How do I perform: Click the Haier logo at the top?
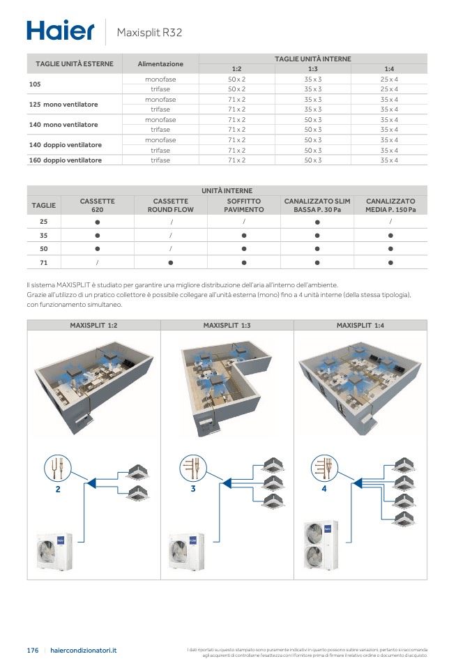pyautogui.click(x=60, y=31)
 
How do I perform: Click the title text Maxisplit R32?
pyautogui.click(x=149, y=32)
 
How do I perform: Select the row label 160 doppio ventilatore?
pyautogui.click(x=66, y=160)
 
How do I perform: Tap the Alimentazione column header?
pyautogui.click(x=160, y=63)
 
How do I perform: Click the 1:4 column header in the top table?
pyautogui.click(x=389, y=69)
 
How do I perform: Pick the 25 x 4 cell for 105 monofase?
pyautogui.click(x=389, y=79)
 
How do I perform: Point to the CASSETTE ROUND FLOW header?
pyautogui.click(x=170, y=205)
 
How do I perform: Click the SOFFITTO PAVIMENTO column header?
pyautogui.click(x=244, y=205)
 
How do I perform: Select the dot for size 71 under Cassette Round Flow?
pyautogui.click(x=170, y=262)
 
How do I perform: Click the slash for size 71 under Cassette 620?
pyautogui.click(x=97, y=262)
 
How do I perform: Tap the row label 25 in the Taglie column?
pyautogui.click(x=43, y=221)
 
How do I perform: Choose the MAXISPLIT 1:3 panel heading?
pyautogui.click(x=227, y=325)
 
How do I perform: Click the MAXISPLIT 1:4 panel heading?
pyautogui.click(x=360, y=325)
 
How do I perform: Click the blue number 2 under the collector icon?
pyautogui.click(x=58, y=489)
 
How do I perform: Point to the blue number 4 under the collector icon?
pyautogui.click(x=323, y=489)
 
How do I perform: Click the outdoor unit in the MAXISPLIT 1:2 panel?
pyautogui.click(x=54, y=551)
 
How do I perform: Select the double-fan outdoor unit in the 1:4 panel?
pyautogui.click(x=321, y=545)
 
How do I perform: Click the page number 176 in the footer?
pyautogui.click(x=32, y=650)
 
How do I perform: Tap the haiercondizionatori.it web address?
pyautogui.click(x=84, y=650)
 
